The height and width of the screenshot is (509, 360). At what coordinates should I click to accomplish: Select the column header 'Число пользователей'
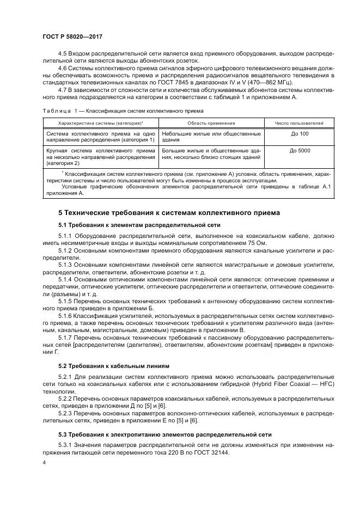299,124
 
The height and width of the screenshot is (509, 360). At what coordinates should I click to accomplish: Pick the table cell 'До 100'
299,133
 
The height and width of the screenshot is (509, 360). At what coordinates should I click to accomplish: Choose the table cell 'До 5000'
299,150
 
